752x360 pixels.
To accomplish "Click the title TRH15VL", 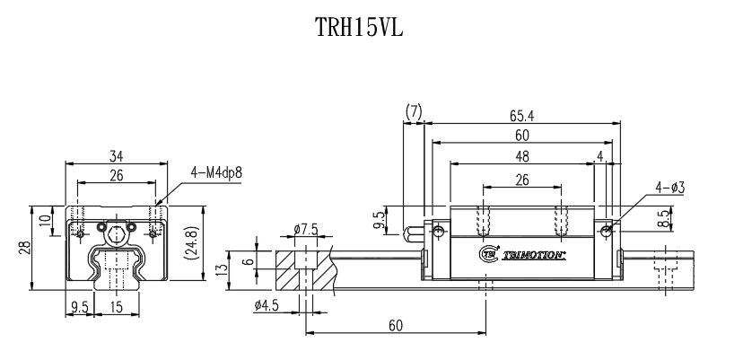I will [x=359, y=29].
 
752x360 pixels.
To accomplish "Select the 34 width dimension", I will [x=116, y=155].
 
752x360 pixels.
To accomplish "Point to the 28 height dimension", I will [x=25, y=248].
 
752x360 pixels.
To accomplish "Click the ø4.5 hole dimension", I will [x=267, y=305].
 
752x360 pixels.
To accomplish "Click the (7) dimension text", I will [x=414, y=112].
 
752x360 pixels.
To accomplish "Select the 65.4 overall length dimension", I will [x=521, y=115].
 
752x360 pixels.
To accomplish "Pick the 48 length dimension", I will [x=521, y=155].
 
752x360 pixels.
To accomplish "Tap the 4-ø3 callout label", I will [x=669, y=188].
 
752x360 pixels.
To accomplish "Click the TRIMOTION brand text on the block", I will [x=530, y=254].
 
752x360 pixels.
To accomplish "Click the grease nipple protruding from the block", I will [x=415, y=233].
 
